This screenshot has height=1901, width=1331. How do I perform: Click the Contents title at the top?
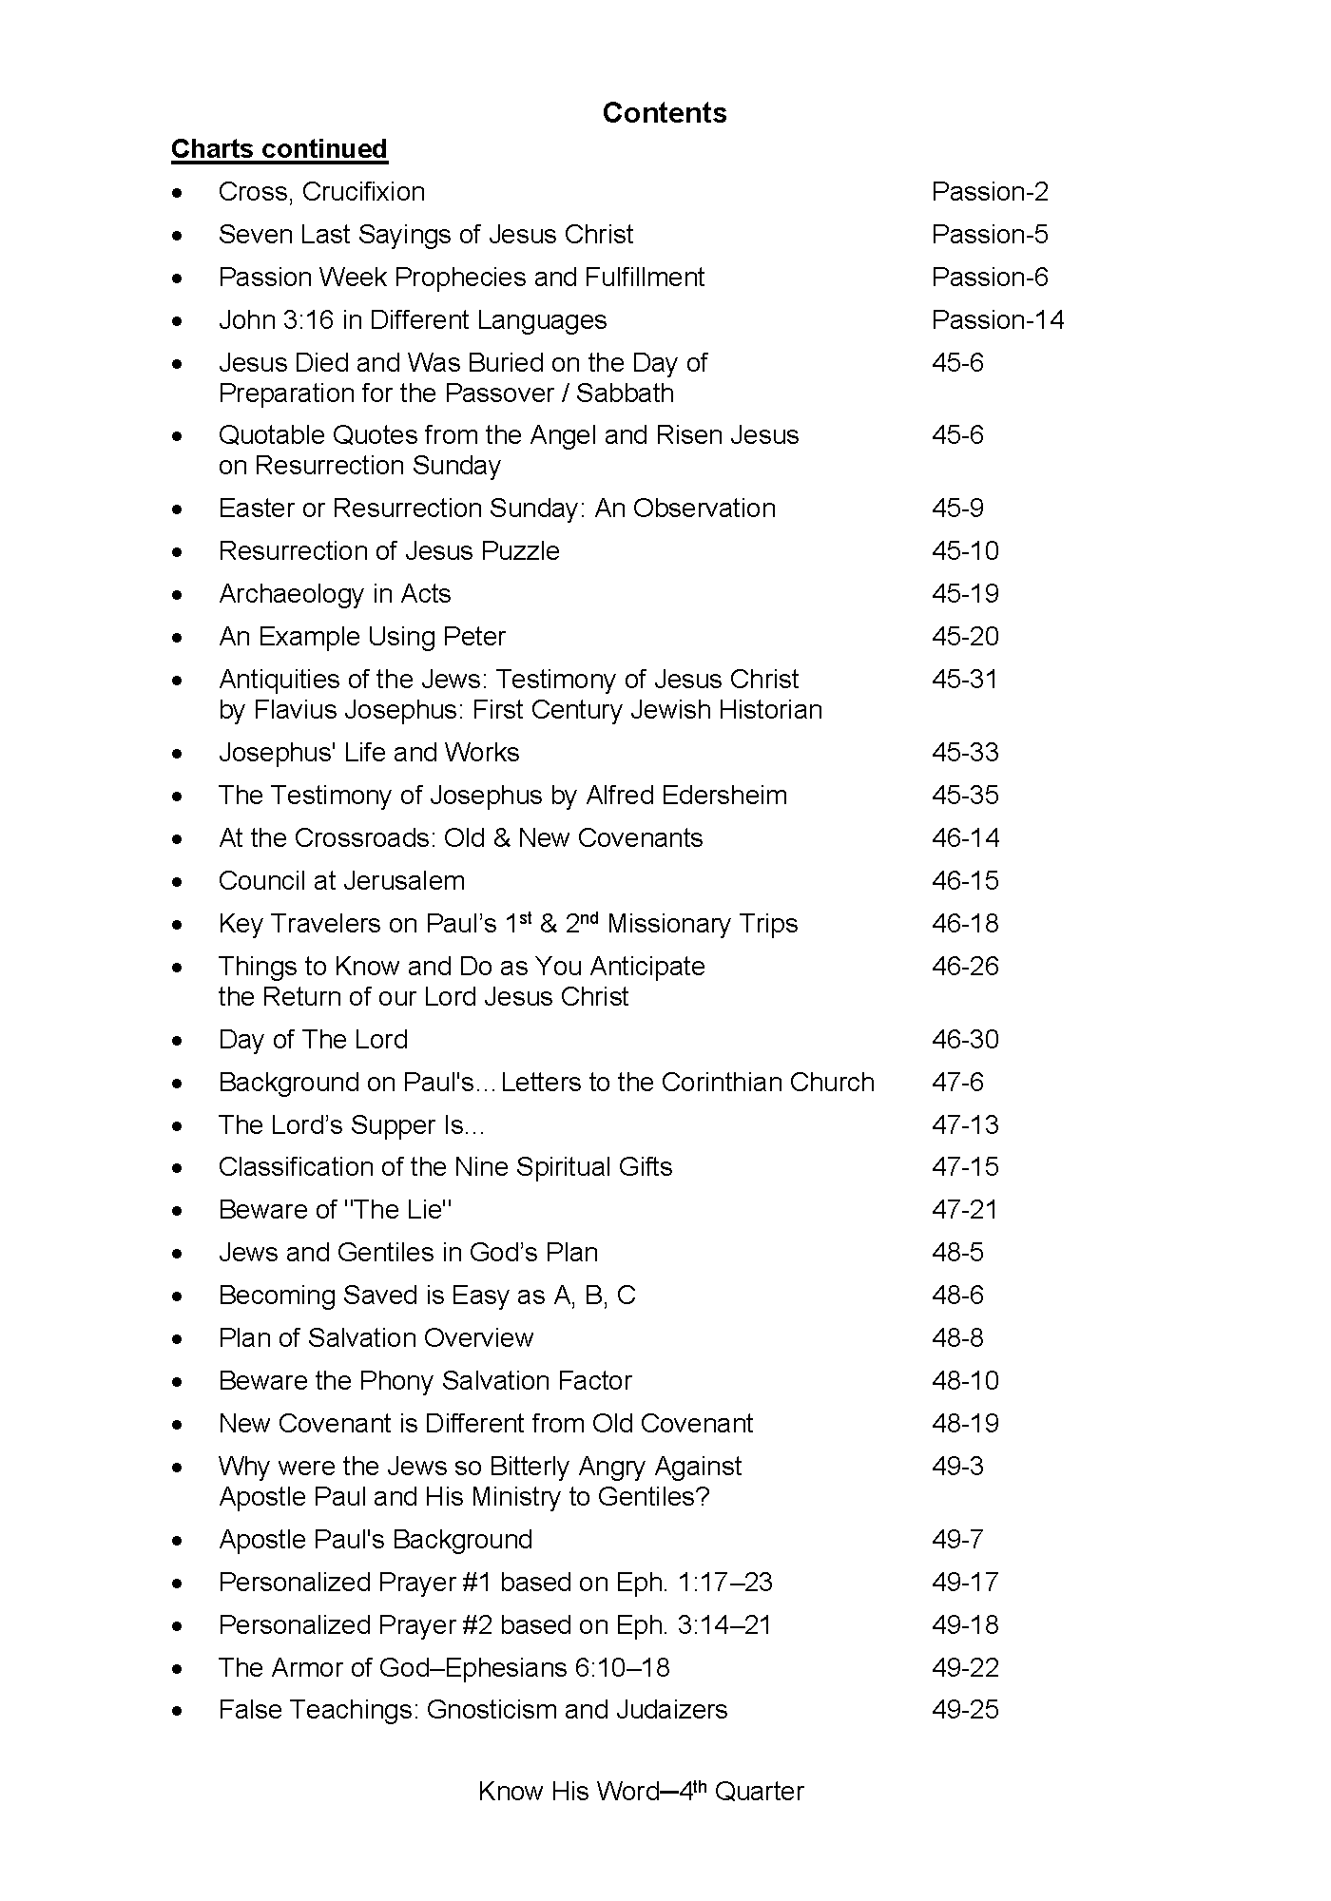point(665,113)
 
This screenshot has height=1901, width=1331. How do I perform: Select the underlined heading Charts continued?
point(280,149)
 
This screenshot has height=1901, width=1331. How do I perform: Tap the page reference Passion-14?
point(997,320)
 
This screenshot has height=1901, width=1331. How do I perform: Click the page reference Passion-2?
point(990,192)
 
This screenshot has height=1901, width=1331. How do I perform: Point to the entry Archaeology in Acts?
point(335,594)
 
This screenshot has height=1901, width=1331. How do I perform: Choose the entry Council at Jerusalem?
point(341,881)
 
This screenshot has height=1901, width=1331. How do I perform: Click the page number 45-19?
point(965,594)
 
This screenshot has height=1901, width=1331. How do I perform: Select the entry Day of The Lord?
point(313,1040)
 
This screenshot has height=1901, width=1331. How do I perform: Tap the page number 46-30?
point(965,1040)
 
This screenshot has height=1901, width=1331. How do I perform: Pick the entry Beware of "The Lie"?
point(335,1210)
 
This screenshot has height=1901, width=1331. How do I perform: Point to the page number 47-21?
point(965,1210)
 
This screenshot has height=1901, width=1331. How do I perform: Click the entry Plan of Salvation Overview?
point(376,1338)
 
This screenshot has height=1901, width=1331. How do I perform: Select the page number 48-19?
point(965,1424)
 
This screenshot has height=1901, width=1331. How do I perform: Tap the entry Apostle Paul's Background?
point(376,1540)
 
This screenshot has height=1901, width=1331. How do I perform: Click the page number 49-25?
point(965,1710)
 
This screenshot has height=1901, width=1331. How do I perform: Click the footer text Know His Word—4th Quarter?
point(641,1792)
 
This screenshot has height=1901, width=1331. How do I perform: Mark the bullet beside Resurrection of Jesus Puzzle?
point(178,552)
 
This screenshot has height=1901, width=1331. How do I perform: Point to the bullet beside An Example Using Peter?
point(178,638)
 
